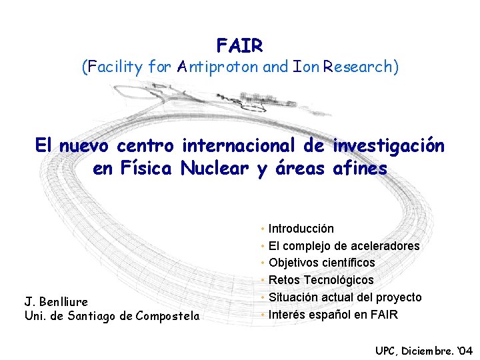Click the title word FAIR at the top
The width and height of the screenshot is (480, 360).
tap(240, 45)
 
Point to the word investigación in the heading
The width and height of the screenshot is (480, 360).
tap(387, 145)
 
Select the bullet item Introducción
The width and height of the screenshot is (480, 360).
tap(301, 229)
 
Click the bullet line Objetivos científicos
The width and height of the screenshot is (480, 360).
tap(321, 263)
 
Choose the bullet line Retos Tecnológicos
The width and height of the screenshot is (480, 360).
tap(321, 280)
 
